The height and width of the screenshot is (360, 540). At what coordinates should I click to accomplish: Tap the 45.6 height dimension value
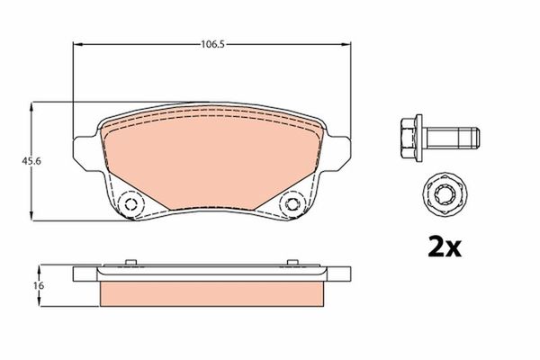click(16, 162)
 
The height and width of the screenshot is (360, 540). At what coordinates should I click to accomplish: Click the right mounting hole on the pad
click(292, 205)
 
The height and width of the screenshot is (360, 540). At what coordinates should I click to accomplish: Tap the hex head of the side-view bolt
click(408, 137)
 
